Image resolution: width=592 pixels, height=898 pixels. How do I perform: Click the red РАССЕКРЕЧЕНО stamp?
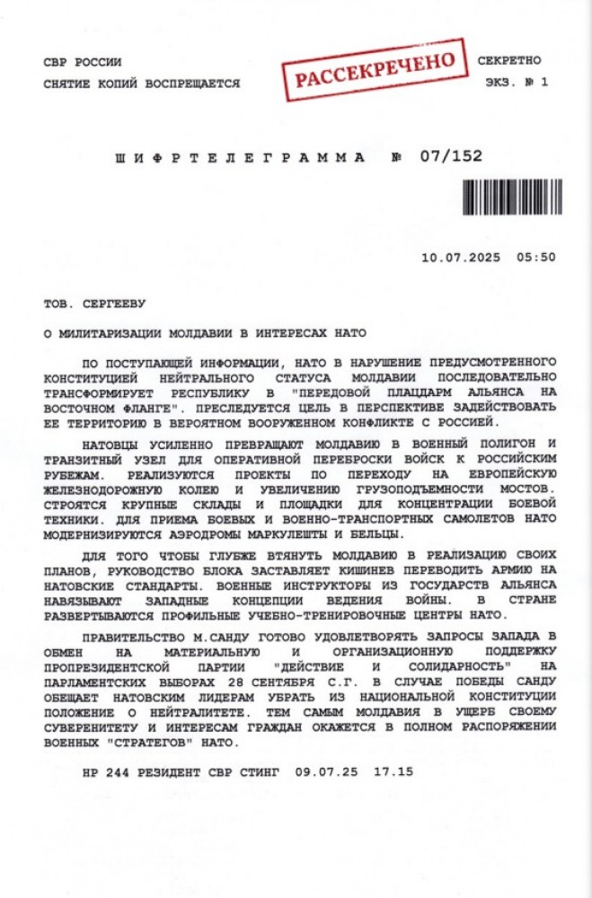tap(376, 70)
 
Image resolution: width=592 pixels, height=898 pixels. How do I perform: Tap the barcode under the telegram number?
tap(513, 194)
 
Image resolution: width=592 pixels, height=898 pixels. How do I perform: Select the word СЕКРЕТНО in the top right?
tap(509, 61)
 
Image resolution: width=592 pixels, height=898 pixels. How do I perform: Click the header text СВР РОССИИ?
tap(82, 62)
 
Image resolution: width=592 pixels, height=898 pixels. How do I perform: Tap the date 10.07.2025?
tap(458, 257)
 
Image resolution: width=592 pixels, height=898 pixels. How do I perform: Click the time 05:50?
tap(536, 257)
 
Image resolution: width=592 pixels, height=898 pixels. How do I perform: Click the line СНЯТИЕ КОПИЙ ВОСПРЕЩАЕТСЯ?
tap(141, 84)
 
